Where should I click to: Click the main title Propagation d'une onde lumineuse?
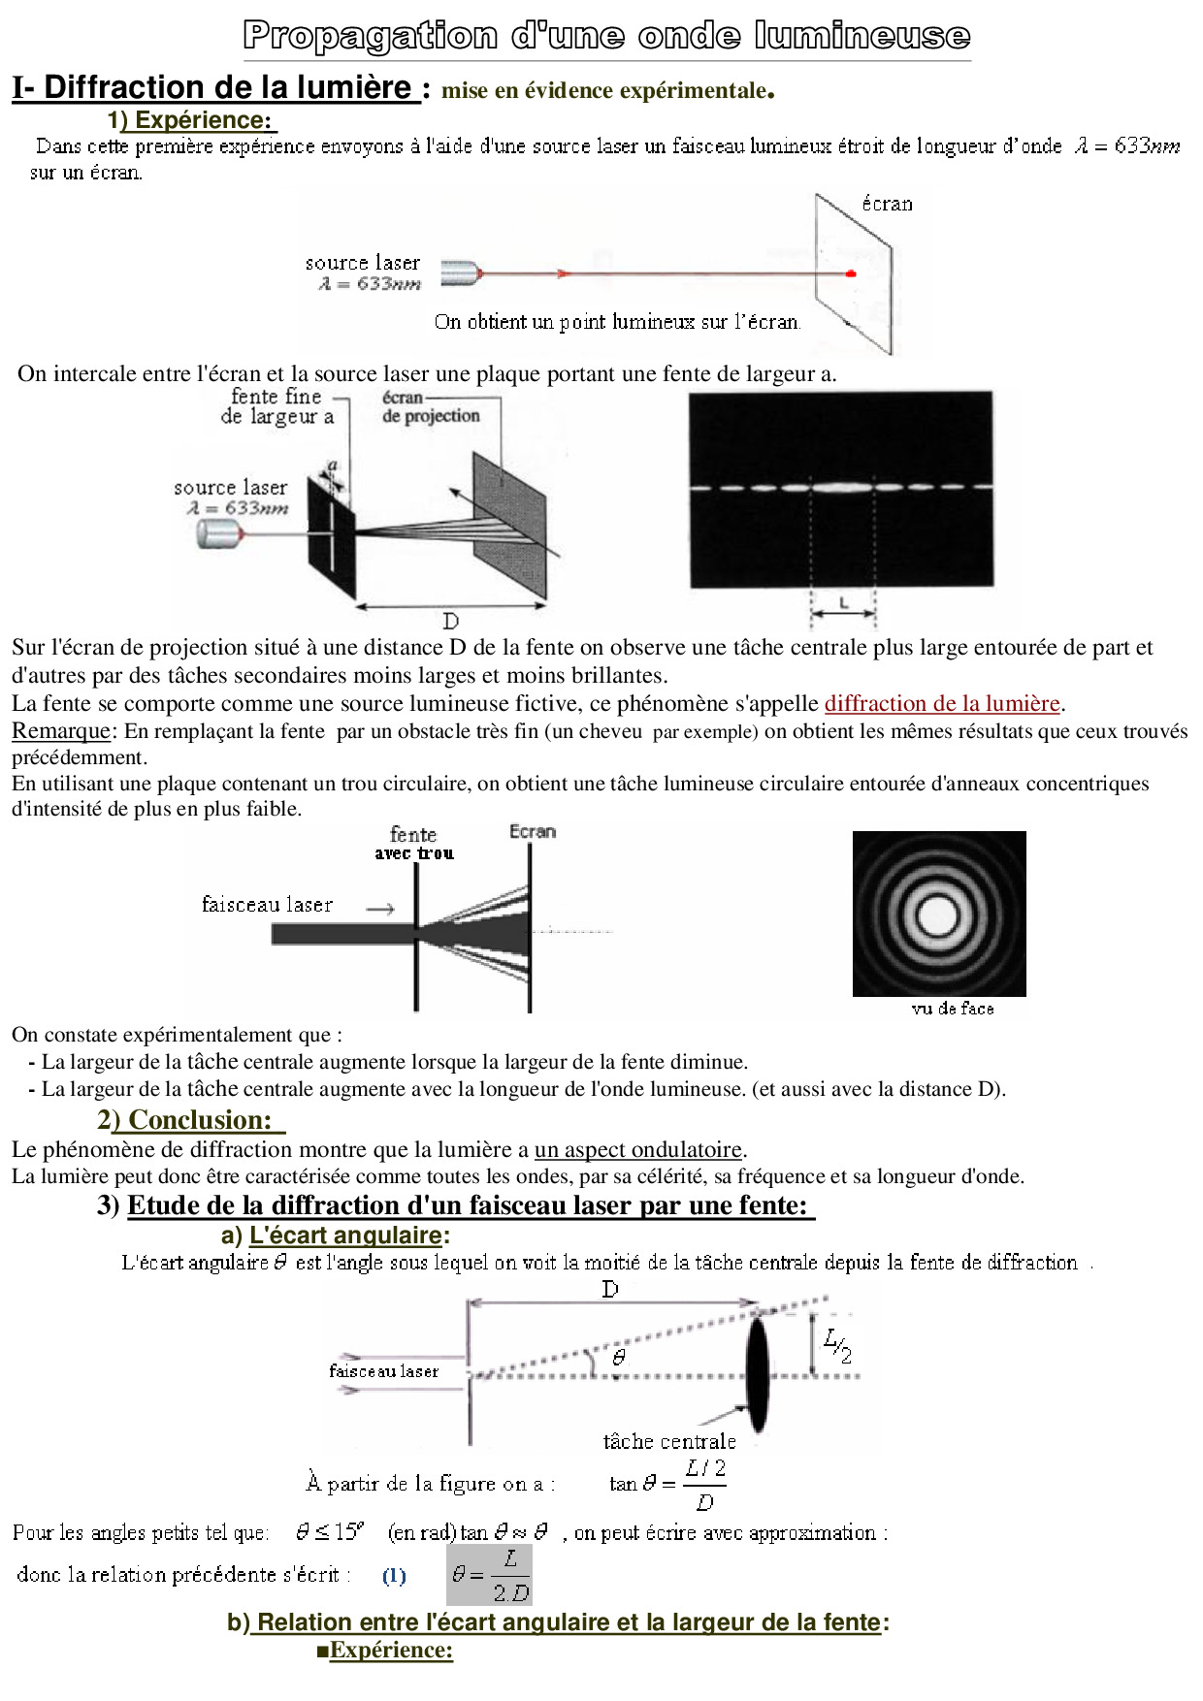coord(606,36)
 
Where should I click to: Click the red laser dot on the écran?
coord(851,274)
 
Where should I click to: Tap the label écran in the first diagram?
coord(887,204)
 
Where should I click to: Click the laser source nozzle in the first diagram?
coord(462,273)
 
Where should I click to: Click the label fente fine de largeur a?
coord(276,406)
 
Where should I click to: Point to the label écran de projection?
coord(430,406)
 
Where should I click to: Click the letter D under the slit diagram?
coord(450,621)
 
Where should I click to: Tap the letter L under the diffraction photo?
coord(843,603)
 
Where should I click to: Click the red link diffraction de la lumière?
coord(942,703)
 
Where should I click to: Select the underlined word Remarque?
coord(60,731)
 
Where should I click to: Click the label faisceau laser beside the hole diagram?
coord(267,905)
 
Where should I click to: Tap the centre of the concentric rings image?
coord(938,915)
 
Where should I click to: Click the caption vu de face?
coord(952,1009)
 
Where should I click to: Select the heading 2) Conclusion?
coord(190,1120)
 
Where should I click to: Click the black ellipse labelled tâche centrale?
coord(757,1375)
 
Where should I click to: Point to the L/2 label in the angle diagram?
coord(837,1345)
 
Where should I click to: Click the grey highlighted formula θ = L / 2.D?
coord(489,1576)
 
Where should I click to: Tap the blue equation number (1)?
coord(394,1576)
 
